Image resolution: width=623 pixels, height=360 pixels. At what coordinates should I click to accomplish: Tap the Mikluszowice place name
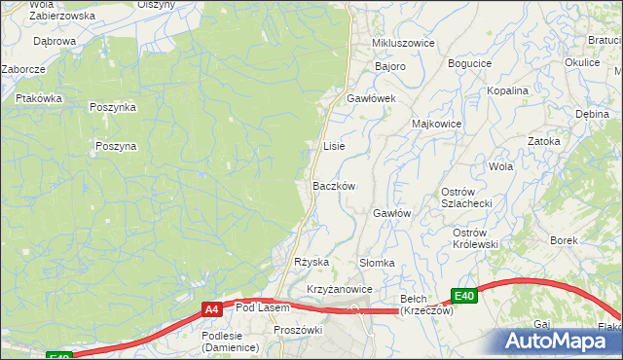tap(403, 44)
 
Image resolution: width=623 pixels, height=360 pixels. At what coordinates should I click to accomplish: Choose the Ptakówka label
tap(39, 98)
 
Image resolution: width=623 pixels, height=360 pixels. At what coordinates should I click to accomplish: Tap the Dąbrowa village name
tap(55, 42)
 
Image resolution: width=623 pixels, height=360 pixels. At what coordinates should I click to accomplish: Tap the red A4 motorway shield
tap(211, 309)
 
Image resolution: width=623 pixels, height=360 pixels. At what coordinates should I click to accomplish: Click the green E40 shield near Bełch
tap(463, 296)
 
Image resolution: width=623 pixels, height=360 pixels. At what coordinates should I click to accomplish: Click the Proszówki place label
tap(298, 330)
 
